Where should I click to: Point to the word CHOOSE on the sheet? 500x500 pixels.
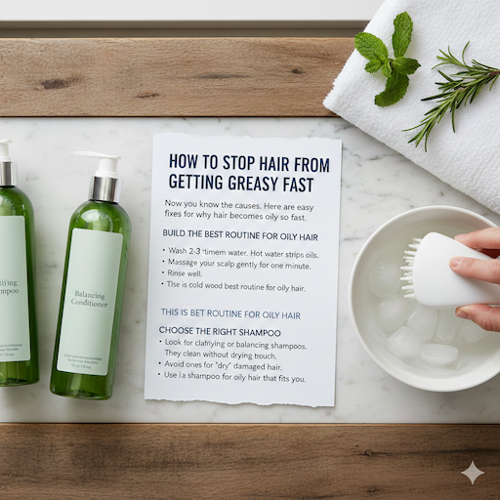(181, 332)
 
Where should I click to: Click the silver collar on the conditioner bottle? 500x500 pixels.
(104, 187)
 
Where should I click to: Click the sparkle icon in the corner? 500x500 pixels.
(473, 473)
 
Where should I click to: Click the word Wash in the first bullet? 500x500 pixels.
(177, 253)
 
